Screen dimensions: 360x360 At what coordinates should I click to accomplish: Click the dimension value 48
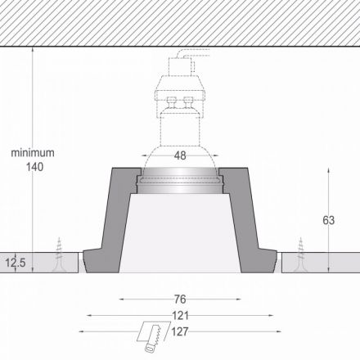tap(180, 155)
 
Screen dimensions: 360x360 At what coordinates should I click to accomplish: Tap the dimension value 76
tap(180, 299)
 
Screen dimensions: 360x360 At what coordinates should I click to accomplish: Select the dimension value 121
tap(180, 316)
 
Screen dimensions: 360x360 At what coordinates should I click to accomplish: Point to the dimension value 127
tap(180, 331)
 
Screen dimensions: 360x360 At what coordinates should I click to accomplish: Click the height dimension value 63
tap(328, 220)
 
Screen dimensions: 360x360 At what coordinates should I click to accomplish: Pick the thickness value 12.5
tap(16, 263)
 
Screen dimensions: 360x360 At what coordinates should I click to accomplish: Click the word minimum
tap(33, 153)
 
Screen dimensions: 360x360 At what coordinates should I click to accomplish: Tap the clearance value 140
tap(34, 167)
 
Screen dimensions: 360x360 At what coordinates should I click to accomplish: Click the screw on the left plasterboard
tap(59, 255)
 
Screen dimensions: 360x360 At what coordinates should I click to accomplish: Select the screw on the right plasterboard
tap(300, 255)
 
